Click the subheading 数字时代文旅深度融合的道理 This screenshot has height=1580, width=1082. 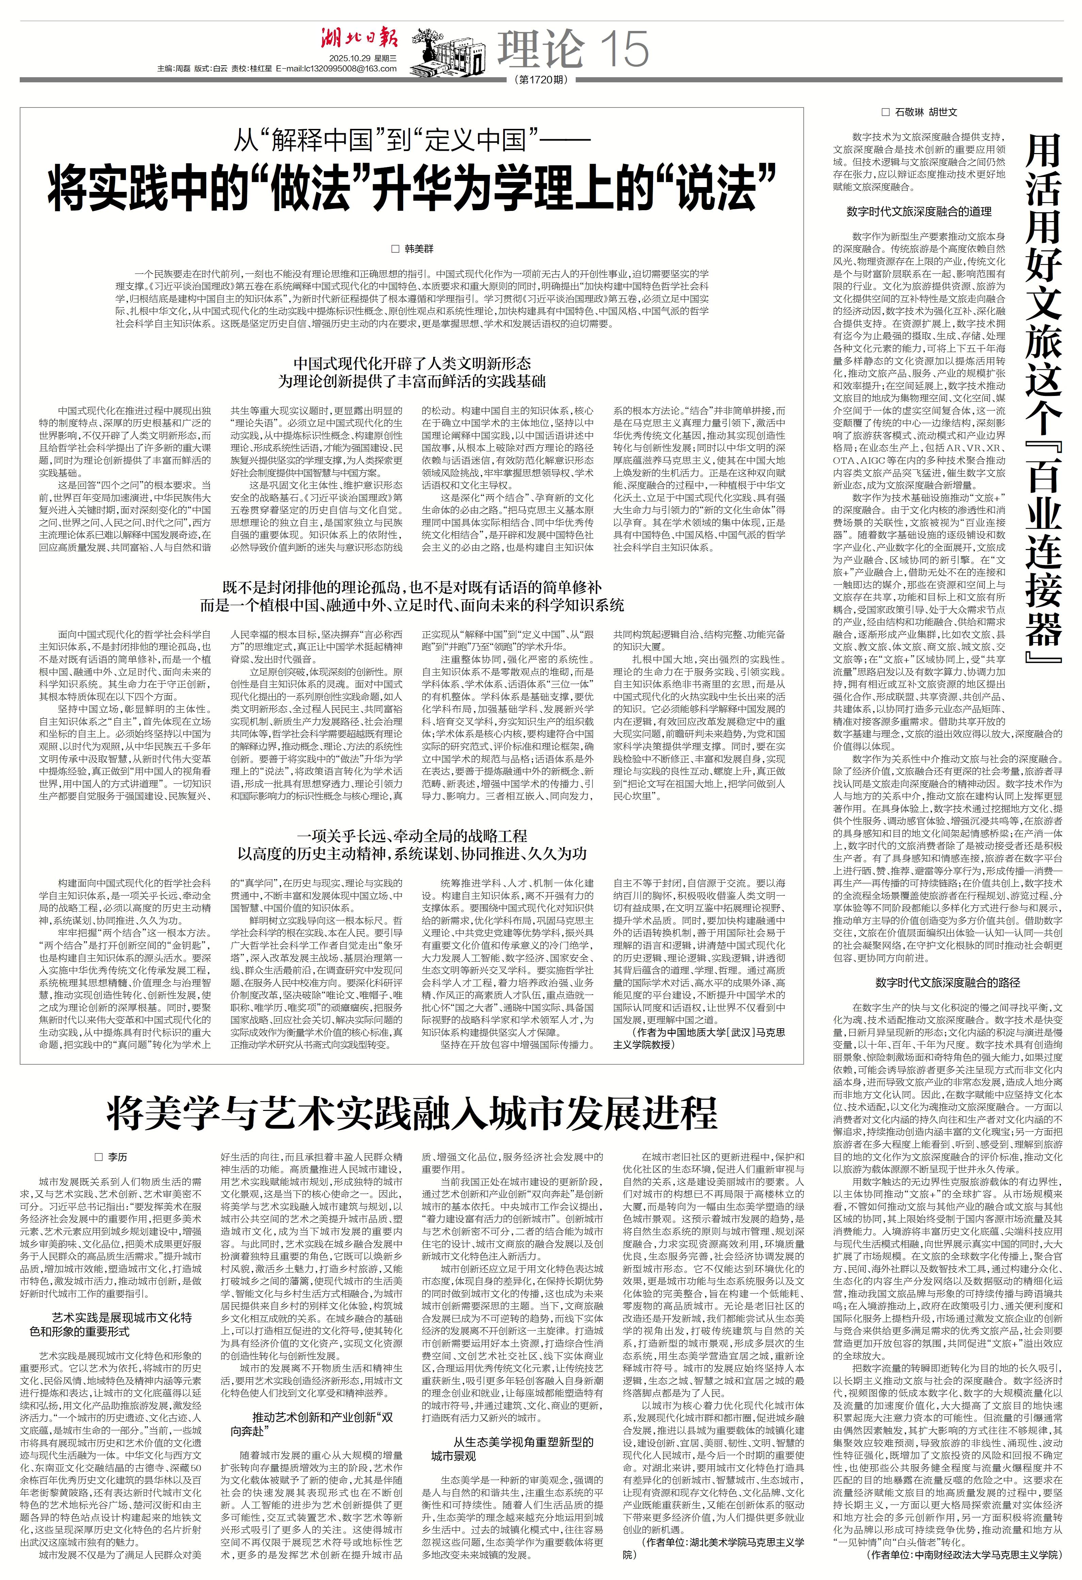coord(918,212)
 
